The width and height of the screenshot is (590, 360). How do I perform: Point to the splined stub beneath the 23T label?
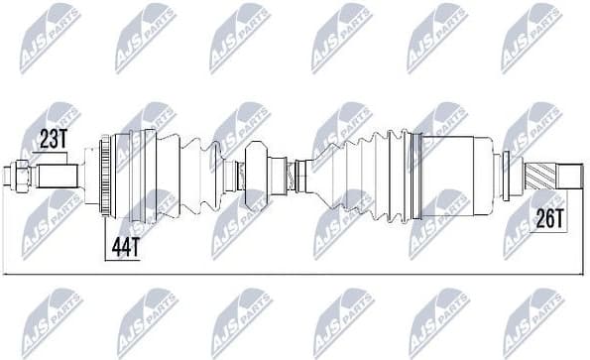pos(58,177)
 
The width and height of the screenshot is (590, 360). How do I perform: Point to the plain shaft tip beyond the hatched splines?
pos(569,179)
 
